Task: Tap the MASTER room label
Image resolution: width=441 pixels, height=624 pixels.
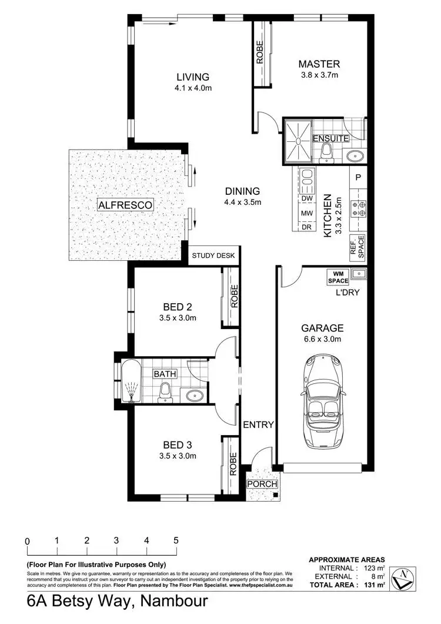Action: click(x=319, y=64)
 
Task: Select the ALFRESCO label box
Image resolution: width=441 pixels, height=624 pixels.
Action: click(x=125, y=205)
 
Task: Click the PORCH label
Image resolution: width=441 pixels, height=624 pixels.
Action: click(x=262, y=484)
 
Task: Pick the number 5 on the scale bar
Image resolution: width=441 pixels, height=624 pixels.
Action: click(x=176, y=540)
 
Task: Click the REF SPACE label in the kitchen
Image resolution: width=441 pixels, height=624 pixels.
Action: click(x=358, y=247)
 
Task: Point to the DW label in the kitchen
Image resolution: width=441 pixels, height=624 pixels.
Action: click(x=306, y=199)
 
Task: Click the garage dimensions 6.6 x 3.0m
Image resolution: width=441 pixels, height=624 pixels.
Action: click(x=322, y=339)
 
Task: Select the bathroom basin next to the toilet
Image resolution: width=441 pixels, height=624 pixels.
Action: click(x=193, y=395)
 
